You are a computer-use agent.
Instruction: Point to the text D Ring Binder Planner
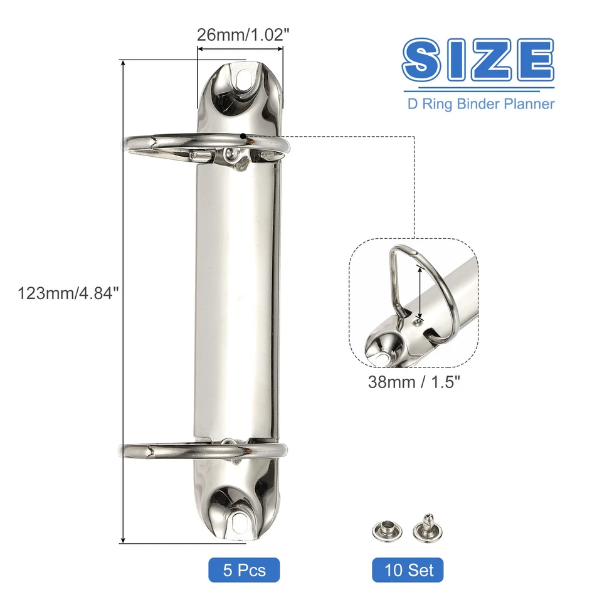tap(481, 103)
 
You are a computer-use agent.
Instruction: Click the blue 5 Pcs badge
tap(244, 570)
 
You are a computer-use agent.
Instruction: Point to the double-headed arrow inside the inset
tap(420, 289)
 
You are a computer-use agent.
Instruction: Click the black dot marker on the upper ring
tap(243, 135)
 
